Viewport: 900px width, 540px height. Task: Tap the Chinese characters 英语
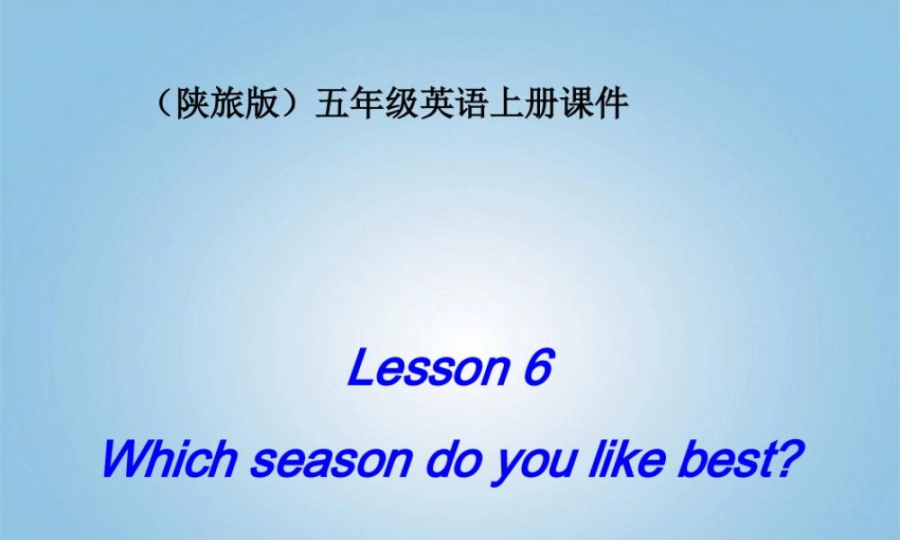click(440, 105)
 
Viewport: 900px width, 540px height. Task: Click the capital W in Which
click(123, 458)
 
